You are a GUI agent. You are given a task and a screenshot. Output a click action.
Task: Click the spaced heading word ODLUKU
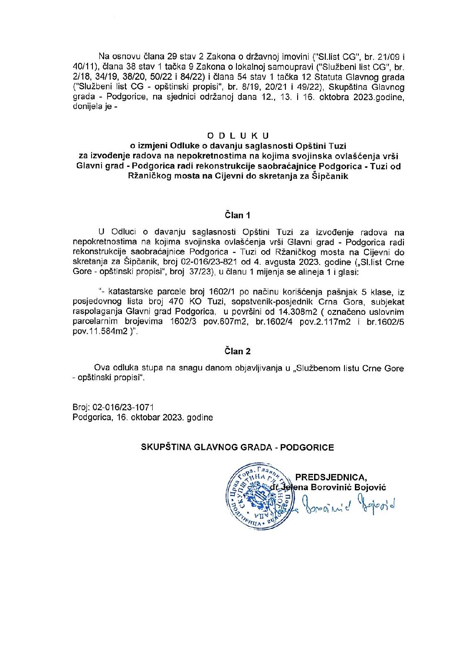coord(238,136)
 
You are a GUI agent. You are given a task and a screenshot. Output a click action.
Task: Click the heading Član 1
coord(237,215)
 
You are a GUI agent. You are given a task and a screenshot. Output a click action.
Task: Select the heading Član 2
coord(237,351)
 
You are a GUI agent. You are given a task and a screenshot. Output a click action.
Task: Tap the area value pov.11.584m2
coord(98,331)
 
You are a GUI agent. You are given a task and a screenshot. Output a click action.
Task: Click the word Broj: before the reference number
coord(82,408)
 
